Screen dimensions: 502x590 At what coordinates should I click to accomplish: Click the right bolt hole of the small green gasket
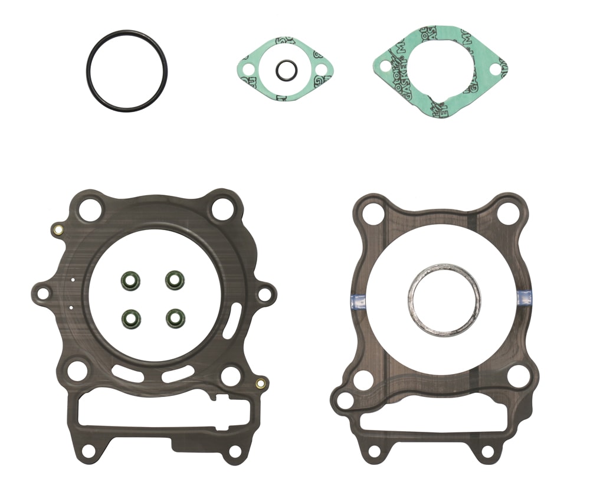tap(321, 70)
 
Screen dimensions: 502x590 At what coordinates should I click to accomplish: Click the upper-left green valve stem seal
tap(130, 280)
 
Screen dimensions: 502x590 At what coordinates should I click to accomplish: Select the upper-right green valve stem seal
tap(175, 280)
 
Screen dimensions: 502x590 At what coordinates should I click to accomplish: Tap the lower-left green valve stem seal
tap(130, 319)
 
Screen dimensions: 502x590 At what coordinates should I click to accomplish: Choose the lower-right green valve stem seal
tap(175, 318)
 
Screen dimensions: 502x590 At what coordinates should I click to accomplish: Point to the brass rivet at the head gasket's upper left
tap(57, 229)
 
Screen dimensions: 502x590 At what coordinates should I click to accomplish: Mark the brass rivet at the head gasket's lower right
tap(260, 384)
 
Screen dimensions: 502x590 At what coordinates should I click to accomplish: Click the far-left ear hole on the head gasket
tap(43, 292)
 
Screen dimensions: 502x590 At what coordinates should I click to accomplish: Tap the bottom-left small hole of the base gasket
tap(374, 451)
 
